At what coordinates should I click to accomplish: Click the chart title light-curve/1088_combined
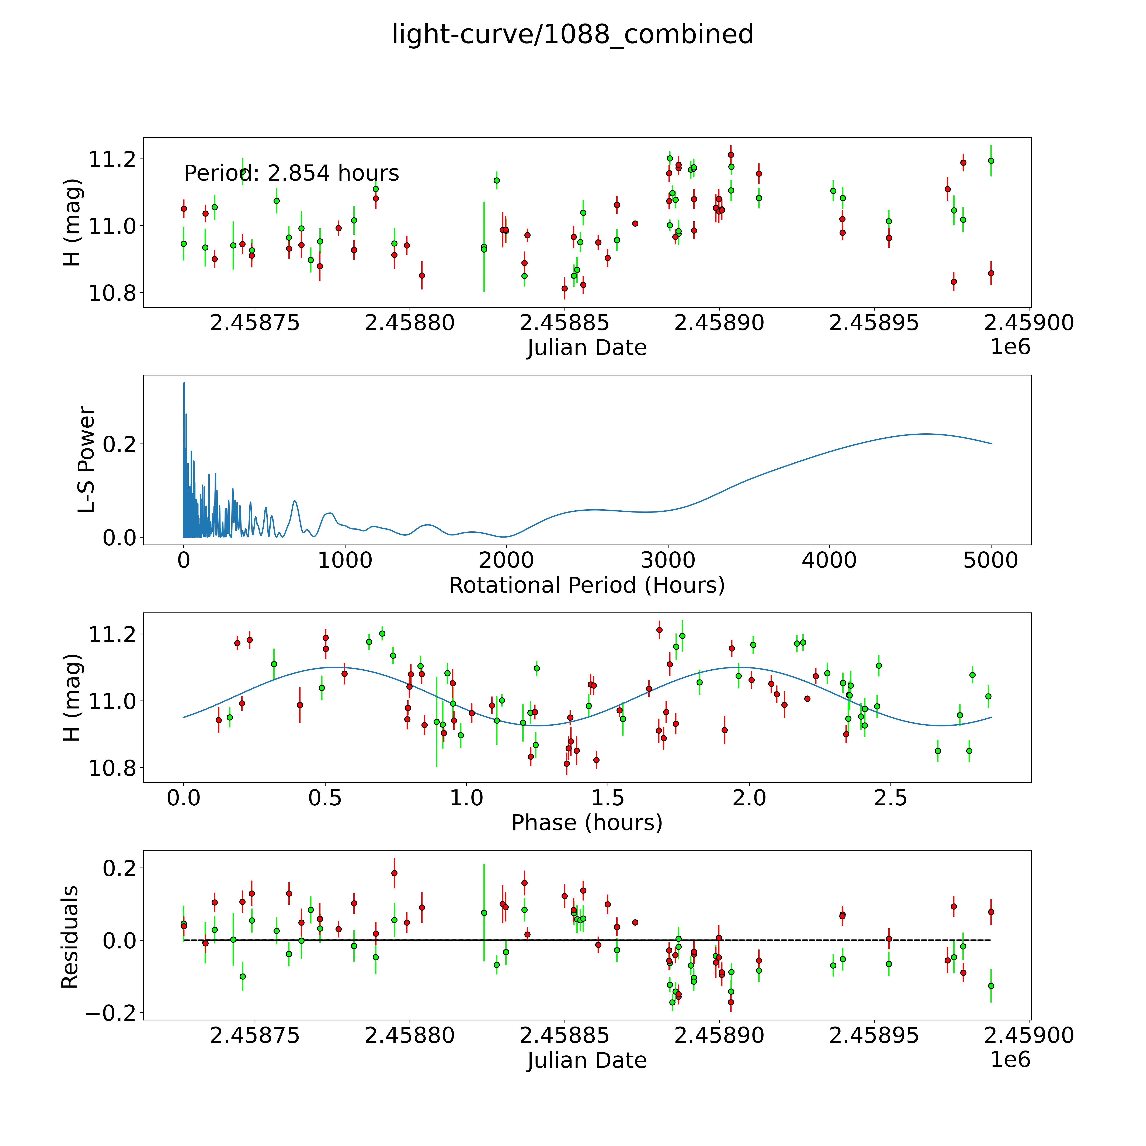(x=572, y=34)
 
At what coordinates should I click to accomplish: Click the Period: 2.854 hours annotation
(x=291, y=173)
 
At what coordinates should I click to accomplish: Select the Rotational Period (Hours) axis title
(x=587, y=586)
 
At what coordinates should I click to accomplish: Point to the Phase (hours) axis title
(x=587, y=823)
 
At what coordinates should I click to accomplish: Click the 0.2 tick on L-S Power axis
(x=120, y=444)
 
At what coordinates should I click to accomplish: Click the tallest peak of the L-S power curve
(x=184, y=383)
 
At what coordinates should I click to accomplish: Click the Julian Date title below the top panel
(x=587, y=348)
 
